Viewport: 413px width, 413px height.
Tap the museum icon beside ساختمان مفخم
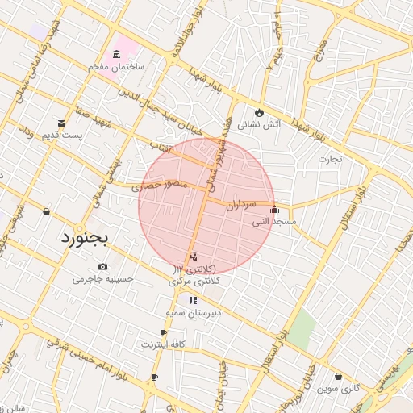point(118,55)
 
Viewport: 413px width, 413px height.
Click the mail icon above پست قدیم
point(62,123)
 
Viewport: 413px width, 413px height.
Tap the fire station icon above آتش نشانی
point(259,113)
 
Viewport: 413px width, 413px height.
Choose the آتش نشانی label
point(259,125)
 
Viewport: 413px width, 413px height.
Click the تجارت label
point(329,159)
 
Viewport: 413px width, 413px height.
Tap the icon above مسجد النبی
point(274,210)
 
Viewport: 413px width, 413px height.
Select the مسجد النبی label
point(274,221)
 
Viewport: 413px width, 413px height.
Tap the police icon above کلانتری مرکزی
point(193,258)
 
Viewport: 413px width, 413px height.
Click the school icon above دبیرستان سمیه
point(193,301)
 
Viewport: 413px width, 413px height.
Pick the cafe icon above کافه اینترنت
point(164,333)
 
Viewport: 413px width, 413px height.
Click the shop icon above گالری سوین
point(337,376)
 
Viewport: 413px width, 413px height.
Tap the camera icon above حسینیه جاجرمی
point(102,267)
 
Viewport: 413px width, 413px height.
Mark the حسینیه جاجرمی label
point(102,279)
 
